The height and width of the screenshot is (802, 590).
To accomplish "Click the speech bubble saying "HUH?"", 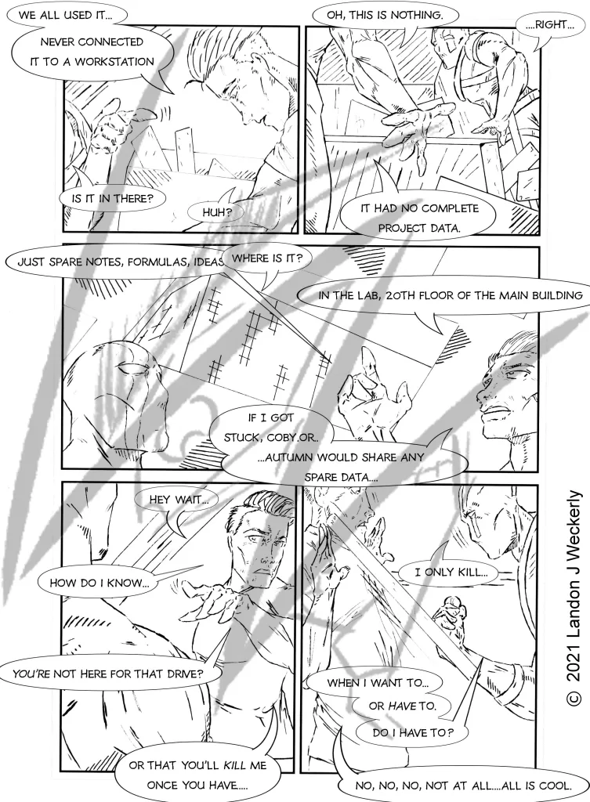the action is tap(217, 212).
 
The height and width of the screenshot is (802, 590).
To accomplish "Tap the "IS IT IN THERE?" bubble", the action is tap(113, 198).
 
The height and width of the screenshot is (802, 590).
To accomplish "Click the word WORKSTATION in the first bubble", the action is tap(114, 62).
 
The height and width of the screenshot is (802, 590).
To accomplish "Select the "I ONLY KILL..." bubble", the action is tap(451, 573).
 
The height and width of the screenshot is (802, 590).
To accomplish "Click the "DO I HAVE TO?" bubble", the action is tap(412, 732).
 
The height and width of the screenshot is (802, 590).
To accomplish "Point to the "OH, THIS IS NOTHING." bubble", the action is tap(385, 16).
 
